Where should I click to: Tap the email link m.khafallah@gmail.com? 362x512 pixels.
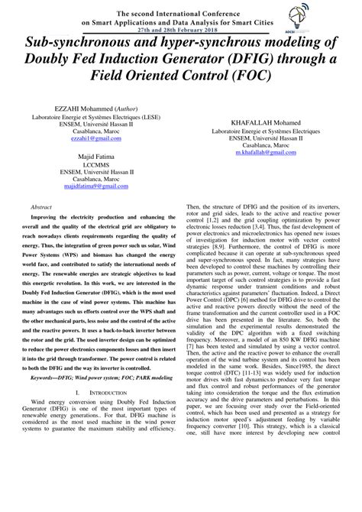tap(266, 153)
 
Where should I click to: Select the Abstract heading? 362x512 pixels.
tap(41, 207)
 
